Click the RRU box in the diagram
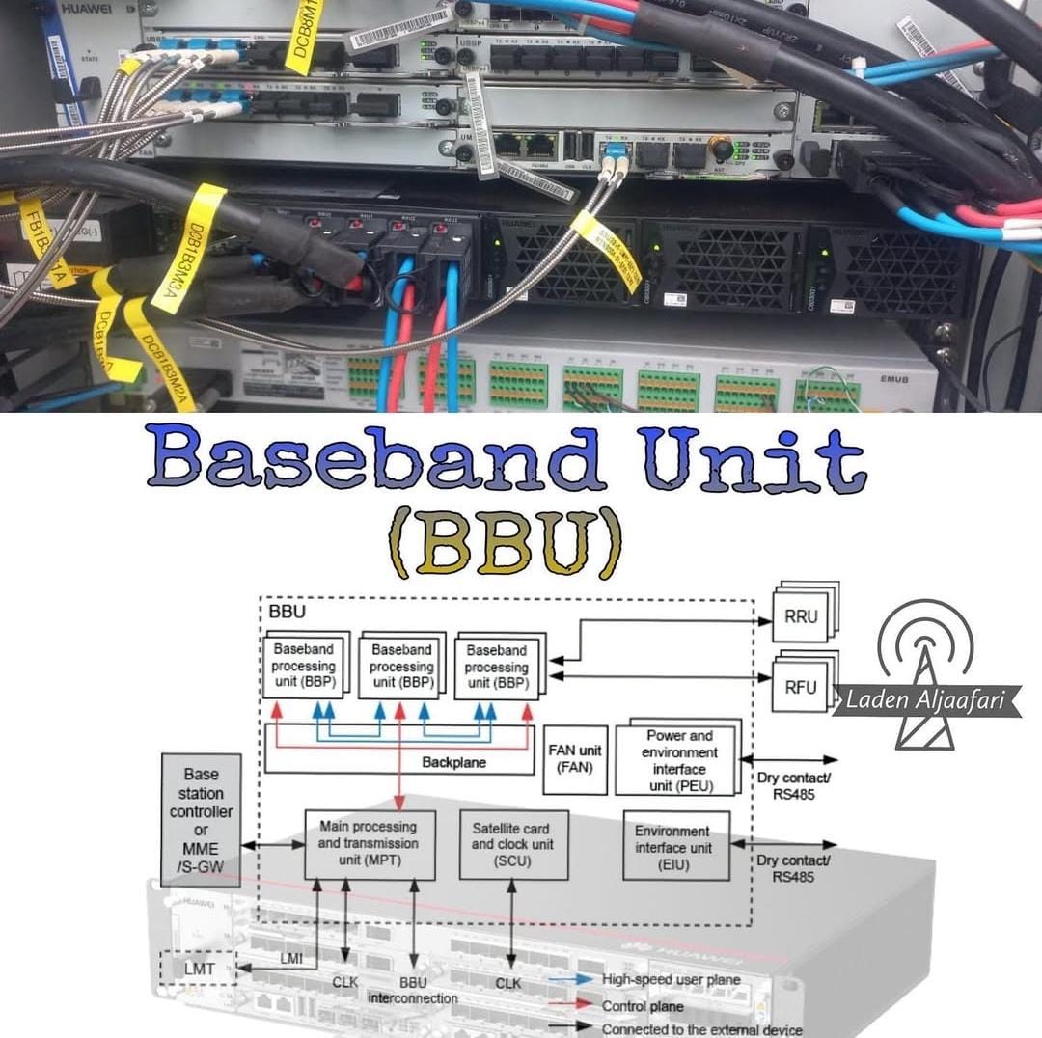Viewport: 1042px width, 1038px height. coord(800,616)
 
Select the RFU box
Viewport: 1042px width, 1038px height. coord(800,687)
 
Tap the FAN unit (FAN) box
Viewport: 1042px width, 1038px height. coord(574,759)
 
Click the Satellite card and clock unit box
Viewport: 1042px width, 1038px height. coord(513,844)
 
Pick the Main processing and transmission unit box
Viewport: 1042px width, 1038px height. coord(370,844)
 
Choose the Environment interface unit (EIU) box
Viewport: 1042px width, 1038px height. coord(675,845)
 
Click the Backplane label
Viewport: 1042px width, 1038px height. coord(453,762)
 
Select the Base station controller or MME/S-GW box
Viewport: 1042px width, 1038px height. coord(201,819)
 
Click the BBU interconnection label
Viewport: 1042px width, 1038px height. coord(413,991)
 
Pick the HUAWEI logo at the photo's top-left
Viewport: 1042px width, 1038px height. coord(86,10)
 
